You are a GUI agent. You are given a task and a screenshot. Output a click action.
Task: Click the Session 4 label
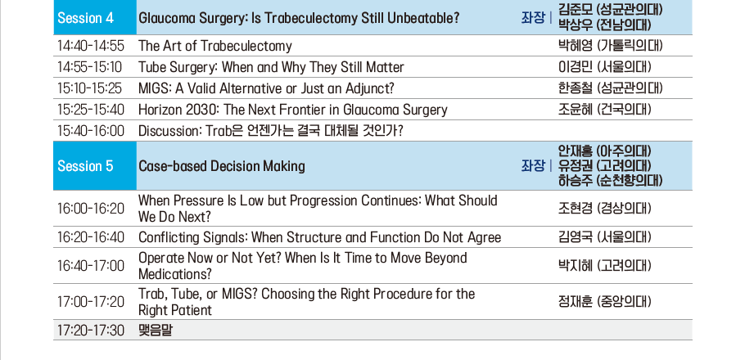point(85,18)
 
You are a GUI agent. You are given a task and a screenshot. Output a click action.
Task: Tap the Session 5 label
point(85,166)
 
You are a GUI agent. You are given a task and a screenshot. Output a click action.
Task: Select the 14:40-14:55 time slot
point(91,46)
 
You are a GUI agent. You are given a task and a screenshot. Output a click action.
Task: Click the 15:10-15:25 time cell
point(90,88)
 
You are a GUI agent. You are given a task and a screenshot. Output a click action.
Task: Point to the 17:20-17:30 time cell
point(91,330)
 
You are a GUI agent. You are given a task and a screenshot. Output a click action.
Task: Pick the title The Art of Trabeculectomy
point(215,46)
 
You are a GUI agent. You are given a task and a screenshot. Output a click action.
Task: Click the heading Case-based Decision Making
point(221,166)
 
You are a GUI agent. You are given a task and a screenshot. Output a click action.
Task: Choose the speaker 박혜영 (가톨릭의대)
point(610,46)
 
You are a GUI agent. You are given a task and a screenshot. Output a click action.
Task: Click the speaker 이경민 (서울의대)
point(604,67)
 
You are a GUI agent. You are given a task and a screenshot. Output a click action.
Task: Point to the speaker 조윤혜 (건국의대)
point(604,110)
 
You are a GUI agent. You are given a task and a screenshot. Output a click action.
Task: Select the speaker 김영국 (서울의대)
point(604,237)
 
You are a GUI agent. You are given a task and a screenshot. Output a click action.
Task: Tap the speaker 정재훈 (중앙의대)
point(604,302)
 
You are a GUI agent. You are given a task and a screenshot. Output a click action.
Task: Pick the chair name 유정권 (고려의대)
point(604,166)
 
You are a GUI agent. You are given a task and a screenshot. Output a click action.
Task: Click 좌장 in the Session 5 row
point(533,166)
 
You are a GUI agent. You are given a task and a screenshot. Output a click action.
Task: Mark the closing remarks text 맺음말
point(156,330)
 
